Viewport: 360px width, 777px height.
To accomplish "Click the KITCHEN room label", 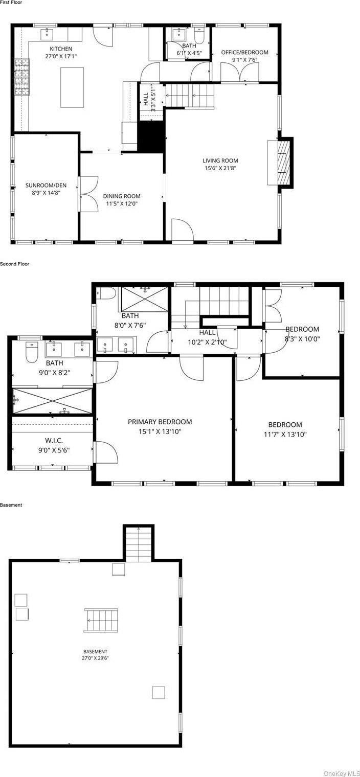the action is coord(61,49).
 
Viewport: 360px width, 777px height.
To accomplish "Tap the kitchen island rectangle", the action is coord(72,87).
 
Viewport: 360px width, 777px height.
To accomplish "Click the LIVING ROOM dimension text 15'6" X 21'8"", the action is coord(220,168).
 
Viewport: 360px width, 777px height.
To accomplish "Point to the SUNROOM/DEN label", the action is coord(46,185).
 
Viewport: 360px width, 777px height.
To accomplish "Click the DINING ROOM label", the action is coord(122,196).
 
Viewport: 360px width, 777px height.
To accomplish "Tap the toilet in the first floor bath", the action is coord(199,35).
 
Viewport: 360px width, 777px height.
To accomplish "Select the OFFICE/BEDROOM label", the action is coord(245,52).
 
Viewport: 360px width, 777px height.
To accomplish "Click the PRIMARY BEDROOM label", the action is coord(160,422).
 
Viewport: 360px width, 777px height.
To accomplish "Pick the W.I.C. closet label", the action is coord(54,441).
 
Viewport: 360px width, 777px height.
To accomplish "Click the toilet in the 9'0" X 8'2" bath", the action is coord(32,352).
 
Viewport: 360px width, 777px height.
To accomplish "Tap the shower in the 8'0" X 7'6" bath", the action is coord(144,299).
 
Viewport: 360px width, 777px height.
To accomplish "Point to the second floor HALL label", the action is coord(207,332).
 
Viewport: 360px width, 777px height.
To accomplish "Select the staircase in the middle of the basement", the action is coord(101,620).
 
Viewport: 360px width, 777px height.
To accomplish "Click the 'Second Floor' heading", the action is coord(15,264).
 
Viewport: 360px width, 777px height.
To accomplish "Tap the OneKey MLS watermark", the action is coord(342,773).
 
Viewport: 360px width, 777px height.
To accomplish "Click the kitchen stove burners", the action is coord(22,77).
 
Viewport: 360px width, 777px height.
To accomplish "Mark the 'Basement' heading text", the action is coord(11,505).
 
